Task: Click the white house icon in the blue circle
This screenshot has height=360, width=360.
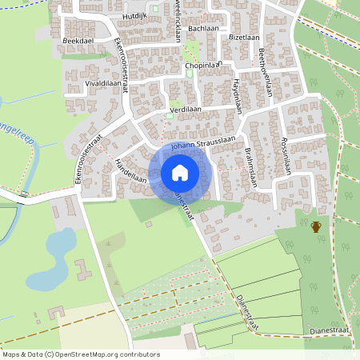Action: tap(179, 172)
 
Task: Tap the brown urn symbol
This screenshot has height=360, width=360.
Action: tap(316, 226)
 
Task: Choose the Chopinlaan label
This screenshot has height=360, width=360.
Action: tap(201, 65)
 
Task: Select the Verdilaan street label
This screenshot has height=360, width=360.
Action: tap(185, 109)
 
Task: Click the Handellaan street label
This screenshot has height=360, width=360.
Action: tap(130, 167)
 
